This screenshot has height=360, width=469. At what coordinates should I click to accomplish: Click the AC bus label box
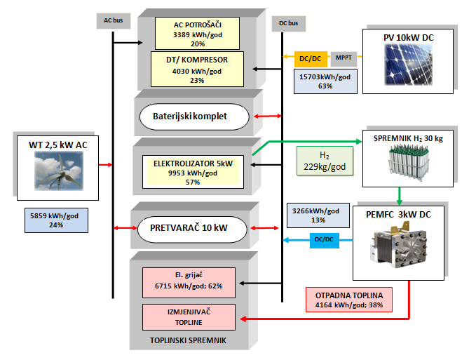[x=112, y=20]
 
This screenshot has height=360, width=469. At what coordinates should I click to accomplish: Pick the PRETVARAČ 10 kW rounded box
[x=191, y=228]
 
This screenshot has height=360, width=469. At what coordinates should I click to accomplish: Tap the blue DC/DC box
[x=324, y=240]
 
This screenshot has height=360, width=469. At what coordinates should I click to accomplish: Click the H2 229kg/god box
[x=325, y=161]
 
